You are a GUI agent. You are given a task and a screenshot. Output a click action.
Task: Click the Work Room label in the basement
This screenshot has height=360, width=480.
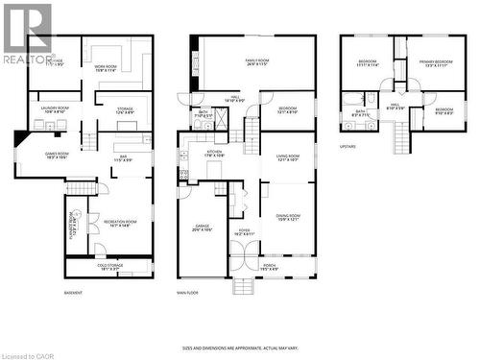click(x=107, y=68)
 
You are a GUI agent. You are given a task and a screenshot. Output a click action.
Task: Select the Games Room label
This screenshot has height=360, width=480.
click(x=57, y=156)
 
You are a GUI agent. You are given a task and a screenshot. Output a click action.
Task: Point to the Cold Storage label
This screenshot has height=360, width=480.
click(x=109, y=268)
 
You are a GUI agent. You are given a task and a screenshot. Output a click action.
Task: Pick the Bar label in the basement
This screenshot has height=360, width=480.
click(x=122, y=158)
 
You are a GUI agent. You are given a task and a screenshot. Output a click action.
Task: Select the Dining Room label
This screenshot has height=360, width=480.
click(x=287, y=217)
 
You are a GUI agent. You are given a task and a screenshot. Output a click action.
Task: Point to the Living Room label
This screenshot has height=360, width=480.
click(x=288, y=158)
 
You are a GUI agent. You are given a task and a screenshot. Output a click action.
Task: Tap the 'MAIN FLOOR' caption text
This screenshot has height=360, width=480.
click(x=187, y=292)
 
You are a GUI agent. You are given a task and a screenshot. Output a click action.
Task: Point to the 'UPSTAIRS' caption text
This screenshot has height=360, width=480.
click(x=348, y=147)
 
